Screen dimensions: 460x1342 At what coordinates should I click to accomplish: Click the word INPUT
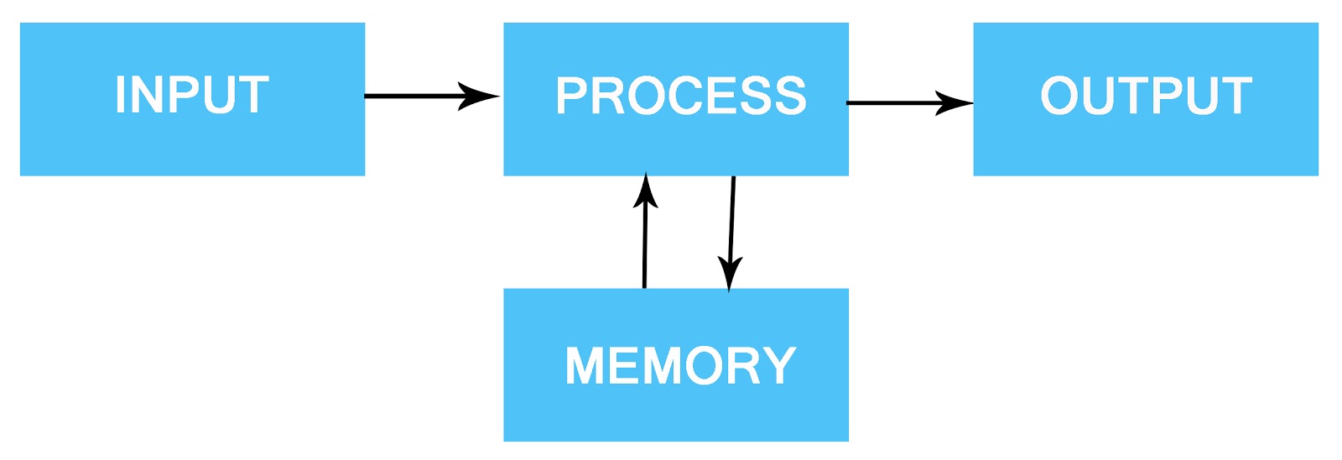pos(191,95)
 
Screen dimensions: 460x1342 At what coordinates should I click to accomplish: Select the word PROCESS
pos(680,96)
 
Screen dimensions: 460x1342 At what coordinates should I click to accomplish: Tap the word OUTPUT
pos(1146,96)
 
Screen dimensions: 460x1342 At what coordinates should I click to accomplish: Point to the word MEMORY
pos(680,366)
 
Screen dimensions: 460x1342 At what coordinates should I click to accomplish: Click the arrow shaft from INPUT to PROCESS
pos(411,96)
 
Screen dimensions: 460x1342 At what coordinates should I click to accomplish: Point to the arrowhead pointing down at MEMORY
pos(730,274)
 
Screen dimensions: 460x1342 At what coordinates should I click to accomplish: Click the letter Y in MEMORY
pos(777,366)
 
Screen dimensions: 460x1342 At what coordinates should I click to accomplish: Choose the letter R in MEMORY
pos(738,366)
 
